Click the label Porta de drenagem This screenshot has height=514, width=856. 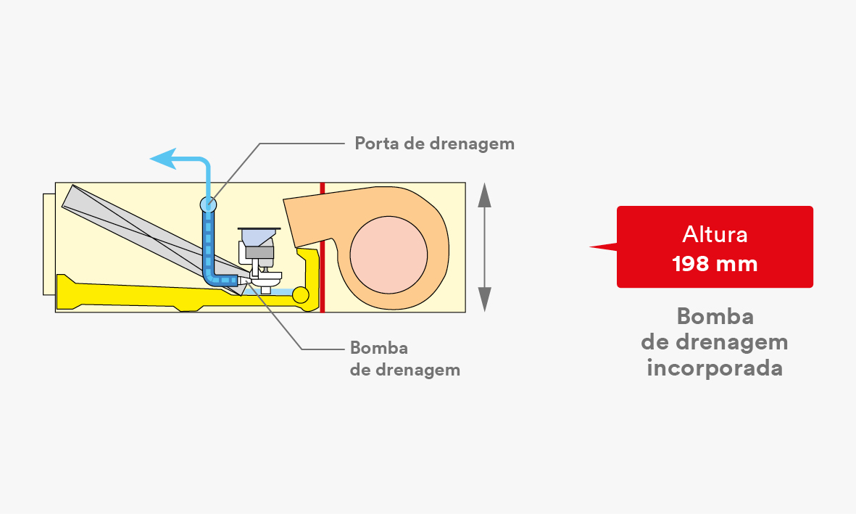(435, 144)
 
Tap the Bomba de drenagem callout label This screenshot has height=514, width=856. (405, 359)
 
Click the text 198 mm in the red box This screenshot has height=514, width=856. (715, 264)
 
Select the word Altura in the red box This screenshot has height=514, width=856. (715, 234)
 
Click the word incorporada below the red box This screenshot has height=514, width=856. (715, 368)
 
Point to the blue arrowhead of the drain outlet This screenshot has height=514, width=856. (163, 159)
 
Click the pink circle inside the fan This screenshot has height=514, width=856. (388, 254)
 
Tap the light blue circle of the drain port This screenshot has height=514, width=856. (209, 205)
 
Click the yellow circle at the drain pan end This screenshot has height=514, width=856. (300, 295)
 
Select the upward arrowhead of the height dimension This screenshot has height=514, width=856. (484, 195)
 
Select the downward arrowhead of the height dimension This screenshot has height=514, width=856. (484, 299)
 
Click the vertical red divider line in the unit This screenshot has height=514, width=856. (323, 247)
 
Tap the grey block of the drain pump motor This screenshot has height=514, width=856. (260, 252)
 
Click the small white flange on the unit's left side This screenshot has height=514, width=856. (49, 244)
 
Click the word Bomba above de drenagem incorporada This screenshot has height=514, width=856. (715, 316)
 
